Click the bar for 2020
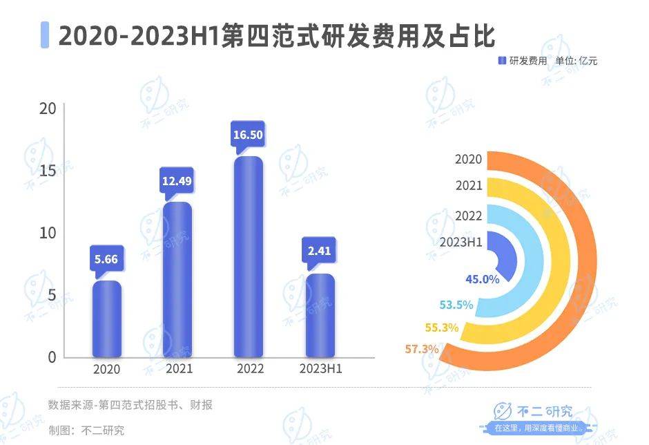(107, 319)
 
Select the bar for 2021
(177, 280)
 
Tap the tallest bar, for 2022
(249, 257)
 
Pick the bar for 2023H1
(320, 316)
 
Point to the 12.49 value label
(177, 180)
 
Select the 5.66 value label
(107, 260)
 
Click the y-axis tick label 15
(48, 171)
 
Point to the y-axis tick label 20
(48, 109)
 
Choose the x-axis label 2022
(249, 369)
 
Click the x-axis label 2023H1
(320, 369)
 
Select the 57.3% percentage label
(421, 349)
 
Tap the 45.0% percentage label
(481, 279)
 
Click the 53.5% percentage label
(456, 305)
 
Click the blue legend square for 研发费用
(502, 61)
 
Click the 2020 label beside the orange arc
(468, 159)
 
